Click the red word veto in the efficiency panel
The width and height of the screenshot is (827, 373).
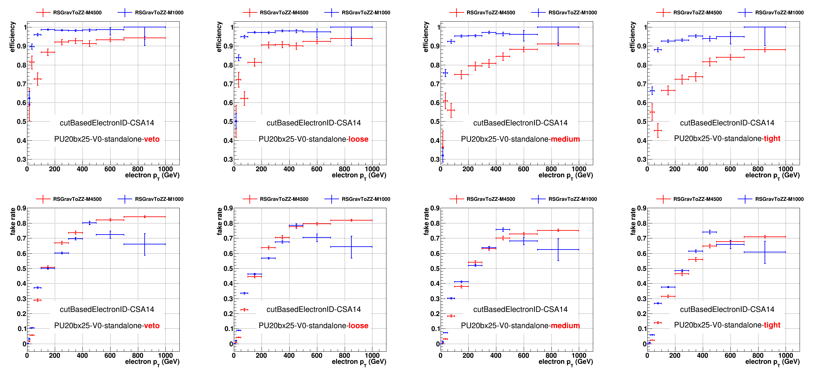152,139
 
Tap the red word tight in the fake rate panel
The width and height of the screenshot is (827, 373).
772,325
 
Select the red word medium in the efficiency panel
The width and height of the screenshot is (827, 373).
565,139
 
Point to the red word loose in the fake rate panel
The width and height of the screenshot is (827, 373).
358,326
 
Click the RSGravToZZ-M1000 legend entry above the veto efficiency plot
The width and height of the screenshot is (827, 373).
159,12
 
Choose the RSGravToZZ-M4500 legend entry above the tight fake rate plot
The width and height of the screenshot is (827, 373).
697,199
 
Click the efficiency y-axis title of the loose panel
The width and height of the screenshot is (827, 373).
219,37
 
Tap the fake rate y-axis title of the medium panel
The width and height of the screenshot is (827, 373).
426,221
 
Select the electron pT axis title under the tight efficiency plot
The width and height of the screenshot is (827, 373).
772,175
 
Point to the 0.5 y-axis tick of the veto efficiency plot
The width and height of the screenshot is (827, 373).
21,122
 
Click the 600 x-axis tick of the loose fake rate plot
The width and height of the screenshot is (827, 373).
317,355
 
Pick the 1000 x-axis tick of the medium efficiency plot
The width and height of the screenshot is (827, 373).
579,169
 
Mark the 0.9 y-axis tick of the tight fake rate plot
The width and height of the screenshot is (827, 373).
642,208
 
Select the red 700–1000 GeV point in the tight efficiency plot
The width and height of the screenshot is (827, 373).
765,50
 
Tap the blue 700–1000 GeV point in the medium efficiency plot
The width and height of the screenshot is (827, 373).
558,27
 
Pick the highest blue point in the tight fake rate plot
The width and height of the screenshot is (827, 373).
709,232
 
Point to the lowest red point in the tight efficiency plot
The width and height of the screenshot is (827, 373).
658,130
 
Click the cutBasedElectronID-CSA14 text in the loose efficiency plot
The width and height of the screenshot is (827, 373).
313,123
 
